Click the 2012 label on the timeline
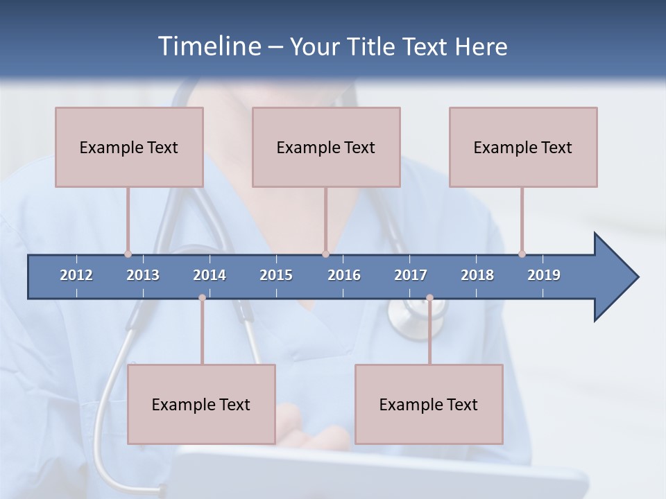(76, 275)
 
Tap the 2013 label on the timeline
(143, 275)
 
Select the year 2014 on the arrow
(210, 275)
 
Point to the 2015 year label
(276, 275)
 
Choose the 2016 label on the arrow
(344, 275)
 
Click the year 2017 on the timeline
(411, 275)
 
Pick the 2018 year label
(477, 275)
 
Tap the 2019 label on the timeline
(544, 275)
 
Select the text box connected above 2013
(129, 147)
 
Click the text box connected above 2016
(326, 147)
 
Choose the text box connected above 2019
(523, 147)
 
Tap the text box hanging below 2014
(201, 404)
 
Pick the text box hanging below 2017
(429, 404)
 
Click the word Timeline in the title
(209, 46)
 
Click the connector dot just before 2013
(128, 254)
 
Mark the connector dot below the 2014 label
(202, 297)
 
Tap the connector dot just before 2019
(522, 254)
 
